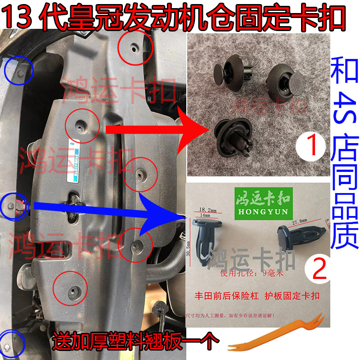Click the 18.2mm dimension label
click(207, 210)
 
